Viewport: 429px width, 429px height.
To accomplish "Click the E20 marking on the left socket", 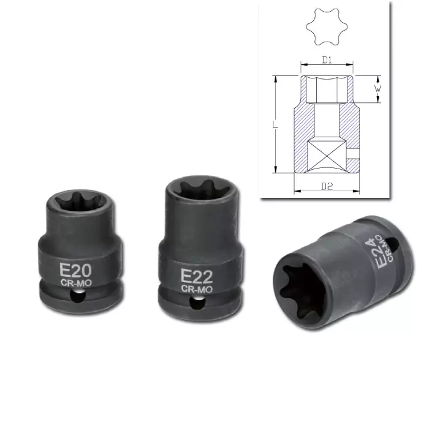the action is pos(75,270).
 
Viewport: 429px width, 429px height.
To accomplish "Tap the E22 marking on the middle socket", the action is pos(197,276).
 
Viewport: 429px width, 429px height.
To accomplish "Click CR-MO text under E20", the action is pos(76,283).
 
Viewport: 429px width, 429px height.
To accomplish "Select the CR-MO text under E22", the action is pos(197,289).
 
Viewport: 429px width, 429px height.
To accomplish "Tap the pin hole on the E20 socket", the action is pos(77,296).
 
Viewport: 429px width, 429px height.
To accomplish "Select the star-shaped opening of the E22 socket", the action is pos(202,189).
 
